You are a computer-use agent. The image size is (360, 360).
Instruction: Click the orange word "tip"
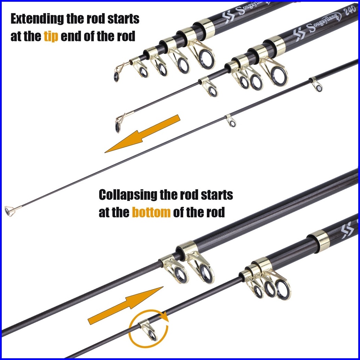[x=51, y=37]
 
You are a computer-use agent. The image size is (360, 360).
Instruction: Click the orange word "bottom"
[x=151, y=212]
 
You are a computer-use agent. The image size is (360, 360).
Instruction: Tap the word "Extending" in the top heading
[x=37, y=18]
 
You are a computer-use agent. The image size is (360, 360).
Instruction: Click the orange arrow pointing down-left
[x=142, y=134]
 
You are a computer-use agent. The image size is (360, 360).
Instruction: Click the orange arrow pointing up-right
[x=126, y=305]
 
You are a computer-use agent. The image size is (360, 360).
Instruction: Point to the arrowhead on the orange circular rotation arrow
[x=165, y=316]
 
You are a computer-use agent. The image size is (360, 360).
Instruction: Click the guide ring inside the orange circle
[x=152, y=335]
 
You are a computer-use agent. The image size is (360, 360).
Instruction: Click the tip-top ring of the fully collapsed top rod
[x=117, y=77]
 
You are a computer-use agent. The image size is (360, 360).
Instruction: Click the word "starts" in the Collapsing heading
[x=217, y=195]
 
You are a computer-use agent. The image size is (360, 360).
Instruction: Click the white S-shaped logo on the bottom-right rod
[x=347, y=230]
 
